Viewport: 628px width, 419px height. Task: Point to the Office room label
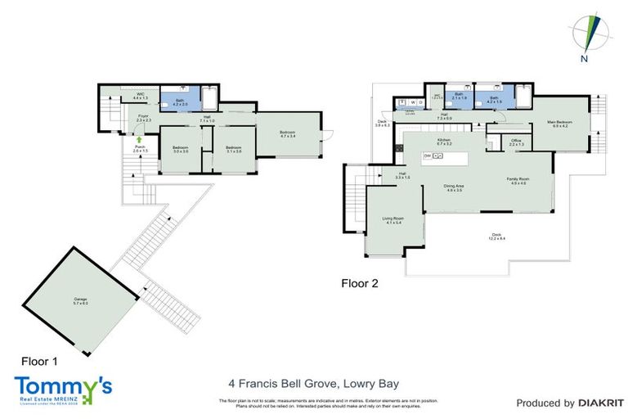516,142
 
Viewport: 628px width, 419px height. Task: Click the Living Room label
392,219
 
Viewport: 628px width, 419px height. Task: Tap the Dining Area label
455,188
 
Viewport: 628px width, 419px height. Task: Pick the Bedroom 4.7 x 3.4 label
288,135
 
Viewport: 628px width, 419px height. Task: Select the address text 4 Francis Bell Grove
270,381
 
